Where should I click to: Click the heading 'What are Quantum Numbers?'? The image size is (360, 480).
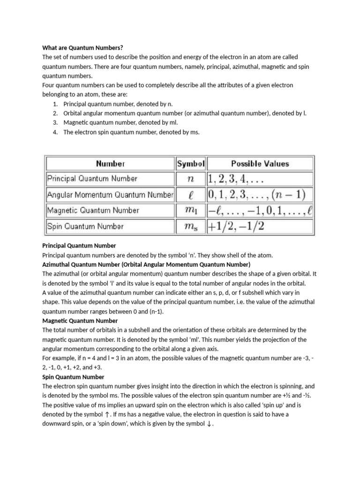pos(82,47)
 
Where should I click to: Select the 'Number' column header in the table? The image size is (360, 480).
pos(110,164)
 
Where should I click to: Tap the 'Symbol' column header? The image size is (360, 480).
pos(191,164)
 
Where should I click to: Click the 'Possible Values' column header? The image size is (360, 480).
pos(260,164)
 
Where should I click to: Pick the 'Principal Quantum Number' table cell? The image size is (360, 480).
pos(92,179)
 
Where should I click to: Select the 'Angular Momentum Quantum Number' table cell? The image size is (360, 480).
pos(110,195)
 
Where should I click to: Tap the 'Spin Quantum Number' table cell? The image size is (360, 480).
pos(85,226)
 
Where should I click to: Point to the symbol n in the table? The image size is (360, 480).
pos(191,179)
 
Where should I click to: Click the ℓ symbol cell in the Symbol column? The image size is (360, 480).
pos(191,195)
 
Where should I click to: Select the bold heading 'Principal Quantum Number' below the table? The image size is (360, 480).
pos(79,246)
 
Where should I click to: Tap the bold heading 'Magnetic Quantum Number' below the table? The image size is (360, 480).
pos(80,321)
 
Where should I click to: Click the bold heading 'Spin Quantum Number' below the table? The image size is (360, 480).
pos(73,377)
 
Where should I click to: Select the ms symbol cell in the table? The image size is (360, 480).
pos(191,226)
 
